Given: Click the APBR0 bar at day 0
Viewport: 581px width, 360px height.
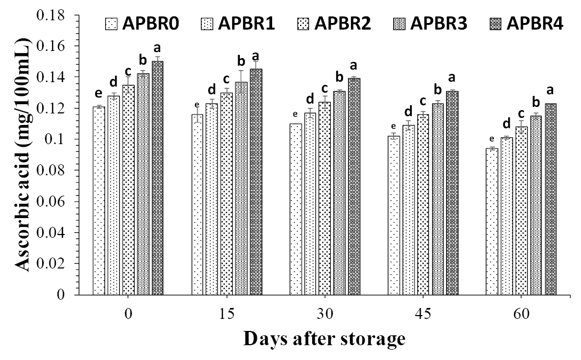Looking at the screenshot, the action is click(99, 201).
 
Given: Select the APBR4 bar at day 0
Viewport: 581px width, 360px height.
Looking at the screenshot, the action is click(158, 178).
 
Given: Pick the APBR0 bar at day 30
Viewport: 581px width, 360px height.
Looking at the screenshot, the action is click(296, 209).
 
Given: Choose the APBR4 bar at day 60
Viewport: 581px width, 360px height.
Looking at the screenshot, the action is click(551, 199).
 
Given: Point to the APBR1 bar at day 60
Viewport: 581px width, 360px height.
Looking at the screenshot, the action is click(507, 216).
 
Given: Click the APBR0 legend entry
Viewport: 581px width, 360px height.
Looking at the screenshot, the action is click(142, 24).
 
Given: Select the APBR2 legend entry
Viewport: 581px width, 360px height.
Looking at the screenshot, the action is click(334, 24).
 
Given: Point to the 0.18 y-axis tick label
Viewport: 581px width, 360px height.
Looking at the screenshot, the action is click(50, 15).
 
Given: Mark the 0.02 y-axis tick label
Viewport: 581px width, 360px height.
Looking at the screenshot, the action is click(50, 264).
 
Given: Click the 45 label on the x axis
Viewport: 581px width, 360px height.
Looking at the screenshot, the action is click(423, 314).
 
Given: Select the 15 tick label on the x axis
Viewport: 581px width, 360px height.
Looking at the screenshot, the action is click(226, 314).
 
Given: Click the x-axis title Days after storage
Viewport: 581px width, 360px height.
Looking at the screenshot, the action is click(324, 339).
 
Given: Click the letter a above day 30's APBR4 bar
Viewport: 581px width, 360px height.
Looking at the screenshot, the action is click(354, 65).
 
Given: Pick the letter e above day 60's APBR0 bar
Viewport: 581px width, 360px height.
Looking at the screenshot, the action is click(492, 139).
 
